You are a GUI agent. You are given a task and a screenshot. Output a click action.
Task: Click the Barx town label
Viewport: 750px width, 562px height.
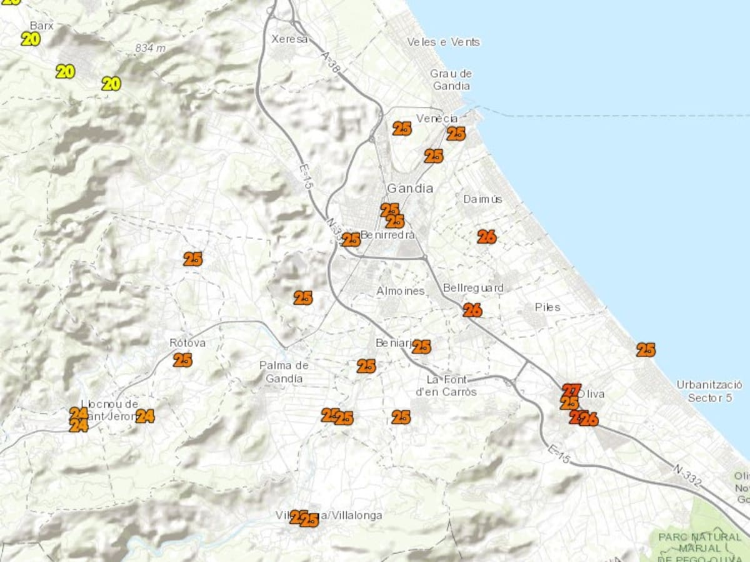click(42, 26)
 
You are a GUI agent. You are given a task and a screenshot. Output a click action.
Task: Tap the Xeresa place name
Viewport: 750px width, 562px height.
click(289, 39)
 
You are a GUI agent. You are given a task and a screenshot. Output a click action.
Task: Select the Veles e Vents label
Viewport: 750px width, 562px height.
click(443, 42)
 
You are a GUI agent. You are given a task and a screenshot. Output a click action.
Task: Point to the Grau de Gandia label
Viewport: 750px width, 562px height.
click(451, 80)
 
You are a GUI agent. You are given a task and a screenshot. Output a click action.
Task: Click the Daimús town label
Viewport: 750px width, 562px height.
click(482, 199)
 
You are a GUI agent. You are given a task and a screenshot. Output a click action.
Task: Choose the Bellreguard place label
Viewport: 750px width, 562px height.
click(472, 288)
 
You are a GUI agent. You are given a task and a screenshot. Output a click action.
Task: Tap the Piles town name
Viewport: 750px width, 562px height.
click(547, 307)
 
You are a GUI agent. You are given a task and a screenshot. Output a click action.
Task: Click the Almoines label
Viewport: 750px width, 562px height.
click(401, 291)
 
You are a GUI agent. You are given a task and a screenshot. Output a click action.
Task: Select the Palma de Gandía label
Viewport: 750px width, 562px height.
click(284, 372)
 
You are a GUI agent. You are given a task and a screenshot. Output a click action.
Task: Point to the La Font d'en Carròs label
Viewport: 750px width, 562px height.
click(446, 386)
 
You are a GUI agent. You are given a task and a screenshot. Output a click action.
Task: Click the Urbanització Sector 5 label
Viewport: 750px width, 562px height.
click(709, 391)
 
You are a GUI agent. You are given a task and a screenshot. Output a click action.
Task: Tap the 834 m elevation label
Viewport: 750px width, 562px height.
click(150, 48)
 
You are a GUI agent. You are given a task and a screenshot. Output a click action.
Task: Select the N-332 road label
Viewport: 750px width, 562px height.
click(687, 475)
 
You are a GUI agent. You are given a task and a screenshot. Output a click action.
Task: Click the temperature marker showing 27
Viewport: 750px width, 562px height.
click(571, 390)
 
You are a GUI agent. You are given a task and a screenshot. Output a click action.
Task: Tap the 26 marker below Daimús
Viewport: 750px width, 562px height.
click(487, 237)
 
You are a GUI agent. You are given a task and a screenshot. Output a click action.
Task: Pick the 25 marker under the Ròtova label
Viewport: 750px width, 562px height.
click(182, 360)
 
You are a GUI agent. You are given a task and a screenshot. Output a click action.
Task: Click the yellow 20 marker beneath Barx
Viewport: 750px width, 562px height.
click(31, 39)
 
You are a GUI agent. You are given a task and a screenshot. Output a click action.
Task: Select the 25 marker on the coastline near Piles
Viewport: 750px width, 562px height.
click(646, 350)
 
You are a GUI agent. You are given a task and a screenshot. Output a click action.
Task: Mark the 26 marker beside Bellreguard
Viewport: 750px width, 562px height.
click(472, 310)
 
